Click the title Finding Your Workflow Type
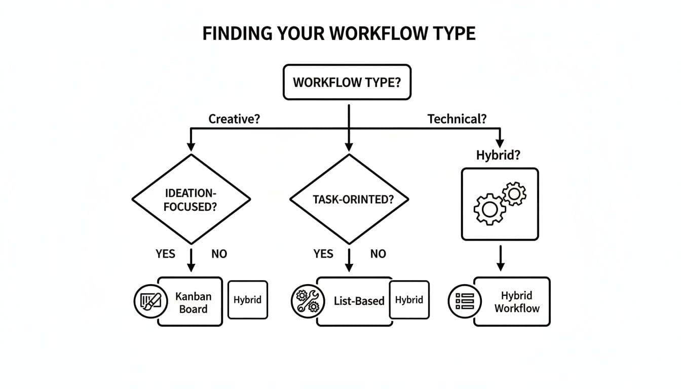pyautogui.click(x=339, y=33)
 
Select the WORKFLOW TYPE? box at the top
pyautogui.click(x=347, y=82)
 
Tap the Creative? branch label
pyautogui.click(x=234, y=119)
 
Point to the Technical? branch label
pyautogui.click(x=457, y=119)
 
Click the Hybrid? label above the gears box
pyautogui.click(x=498, y=155)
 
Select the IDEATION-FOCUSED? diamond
pyautogui.click(x=191, y=200)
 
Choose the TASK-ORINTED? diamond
pyautogui.click(x=349, y=200)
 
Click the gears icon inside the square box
pyautogui.click(x=500, y=203)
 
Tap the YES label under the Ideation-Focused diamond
pyautogui.click(x=165, y=254)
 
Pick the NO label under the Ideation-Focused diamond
pyautogui.click(x=219, y=254)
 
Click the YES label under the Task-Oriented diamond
pyautogui.click(x=323, y=254)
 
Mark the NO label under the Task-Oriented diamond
pyautogui.click(x=378, y=254)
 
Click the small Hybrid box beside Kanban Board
pyautogui.click(x=247, y=300)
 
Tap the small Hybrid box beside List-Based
pyautogui.click(x=409, y=300)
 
